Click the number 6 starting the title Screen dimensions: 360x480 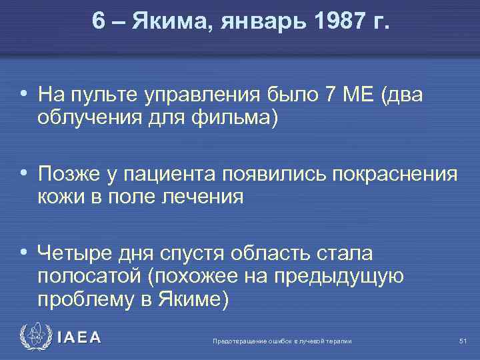[x=99, y=23]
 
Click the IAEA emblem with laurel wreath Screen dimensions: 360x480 [x=34, y=337]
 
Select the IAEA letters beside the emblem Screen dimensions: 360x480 [x=79, y=338]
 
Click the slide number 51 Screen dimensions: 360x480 [x=463, y=341]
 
